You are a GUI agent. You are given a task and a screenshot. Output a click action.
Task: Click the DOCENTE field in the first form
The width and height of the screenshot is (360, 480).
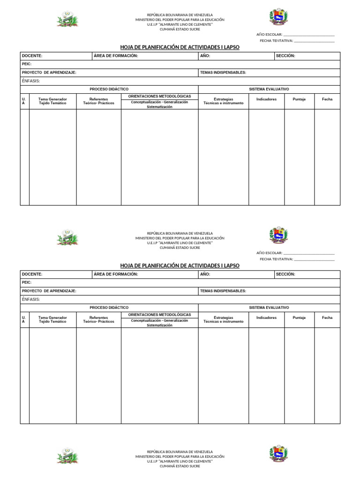tap(56, 56)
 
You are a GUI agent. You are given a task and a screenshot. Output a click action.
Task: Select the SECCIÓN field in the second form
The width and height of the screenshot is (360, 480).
tap(307, 274)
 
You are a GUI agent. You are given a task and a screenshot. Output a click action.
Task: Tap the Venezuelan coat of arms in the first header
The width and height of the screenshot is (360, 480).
tap(278, 17)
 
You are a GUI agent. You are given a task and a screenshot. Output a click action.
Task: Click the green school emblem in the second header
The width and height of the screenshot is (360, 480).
tap(67, 237)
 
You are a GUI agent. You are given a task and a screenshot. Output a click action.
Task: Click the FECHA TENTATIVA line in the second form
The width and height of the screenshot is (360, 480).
tap(314, 259)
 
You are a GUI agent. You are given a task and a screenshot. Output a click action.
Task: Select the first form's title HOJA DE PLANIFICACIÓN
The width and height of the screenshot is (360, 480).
tap(180, 47)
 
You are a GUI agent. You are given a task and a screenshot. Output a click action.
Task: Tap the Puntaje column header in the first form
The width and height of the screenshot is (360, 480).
tap(299, 99)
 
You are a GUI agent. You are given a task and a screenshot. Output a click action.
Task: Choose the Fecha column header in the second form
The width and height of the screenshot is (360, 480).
tap(327, 317)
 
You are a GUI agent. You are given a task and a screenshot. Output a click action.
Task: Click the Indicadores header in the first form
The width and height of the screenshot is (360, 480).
tap(266, 99)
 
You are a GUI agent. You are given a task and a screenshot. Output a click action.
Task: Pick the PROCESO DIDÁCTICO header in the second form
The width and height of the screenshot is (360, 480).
tap(109, 307)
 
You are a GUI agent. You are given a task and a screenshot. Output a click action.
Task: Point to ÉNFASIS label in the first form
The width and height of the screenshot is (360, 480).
tap(31, 81)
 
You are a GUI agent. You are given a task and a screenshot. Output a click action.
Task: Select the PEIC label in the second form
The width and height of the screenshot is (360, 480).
tap(27, 283)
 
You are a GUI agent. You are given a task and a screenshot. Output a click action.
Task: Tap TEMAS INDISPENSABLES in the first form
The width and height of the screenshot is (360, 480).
tap(223, 73)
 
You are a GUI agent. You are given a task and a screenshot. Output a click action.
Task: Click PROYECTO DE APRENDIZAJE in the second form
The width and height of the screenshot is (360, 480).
tap(49, 291)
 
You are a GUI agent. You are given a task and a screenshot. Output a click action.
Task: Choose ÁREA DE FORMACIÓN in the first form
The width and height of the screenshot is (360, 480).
tap(116, 56)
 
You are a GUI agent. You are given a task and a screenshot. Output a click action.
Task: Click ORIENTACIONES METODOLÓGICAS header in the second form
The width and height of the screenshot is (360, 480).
tap(159, 315)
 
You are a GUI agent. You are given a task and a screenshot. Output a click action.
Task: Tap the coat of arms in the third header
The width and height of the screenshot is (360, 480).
tap(278, 454)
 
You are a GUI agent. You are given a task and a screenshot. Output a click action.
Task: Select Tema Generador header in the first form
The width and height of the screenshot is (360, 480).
tap(52, 101)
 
